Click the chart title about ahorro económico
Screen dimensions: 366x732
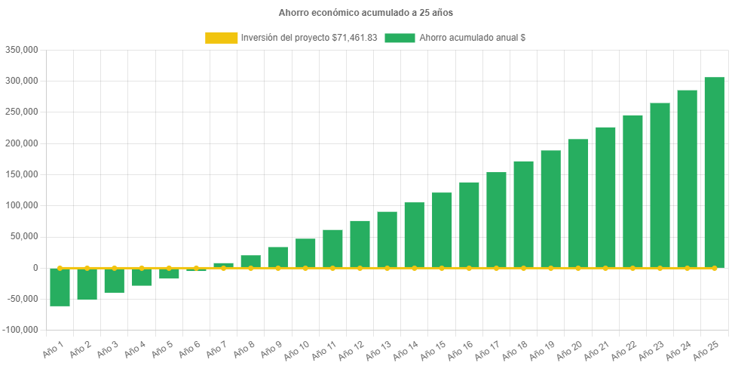(366, 13)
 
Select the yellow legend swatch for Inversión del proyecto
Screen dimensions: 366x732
(221, 38)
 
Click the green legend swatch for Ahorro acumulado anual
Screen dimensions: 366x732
(400, 38)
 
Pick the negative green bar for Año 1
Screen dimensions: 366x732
(60, 288)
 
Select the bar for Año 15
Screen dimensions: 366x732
(442, 230)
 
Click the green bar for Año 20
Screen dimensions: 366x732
(577, 203)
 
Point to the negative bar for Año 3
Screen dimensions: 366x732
(115, 281)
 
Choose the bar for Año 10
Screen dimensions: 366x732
(305, 253)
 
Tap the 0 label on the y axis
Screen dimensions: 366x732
(35, 268)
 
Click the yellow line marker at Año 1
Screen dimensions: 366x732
(60, 268)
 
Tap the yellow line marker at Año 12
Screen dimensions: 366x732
(360, 268)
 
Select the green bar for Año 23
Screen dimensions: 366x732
(660, 185)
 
